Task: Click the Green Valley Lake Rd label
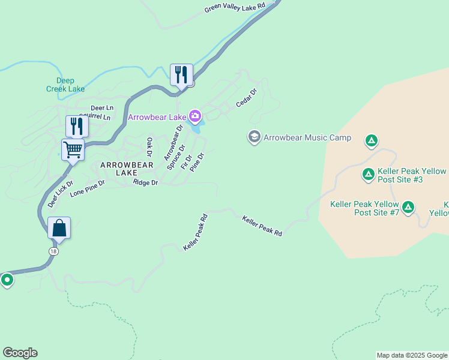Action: coord(235,7)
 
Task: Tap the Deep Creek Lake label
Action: coord(65,85)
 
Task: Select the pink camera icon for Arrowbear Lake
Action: coord(194,115)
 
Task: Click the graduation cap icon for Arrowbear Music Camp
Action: coord(254,137)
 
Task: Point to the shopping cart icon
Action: coord(73,149)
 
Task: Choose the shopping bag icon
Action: coord(59,228)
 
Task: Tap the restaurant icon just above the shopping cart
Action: coord(77,126)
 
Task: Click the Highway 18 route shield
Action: coord(55,252)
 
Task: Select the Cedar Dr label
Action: coord(246,98)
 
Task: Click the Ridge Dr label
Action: coord(146,182)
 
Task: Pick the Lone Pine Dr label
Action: coord(87,188)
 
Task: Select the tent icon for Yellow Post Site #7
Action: coord(408,208)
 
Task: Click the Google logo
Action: coord(20,353)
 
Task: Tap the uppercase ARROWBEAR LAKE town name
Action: coord(122,169)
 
